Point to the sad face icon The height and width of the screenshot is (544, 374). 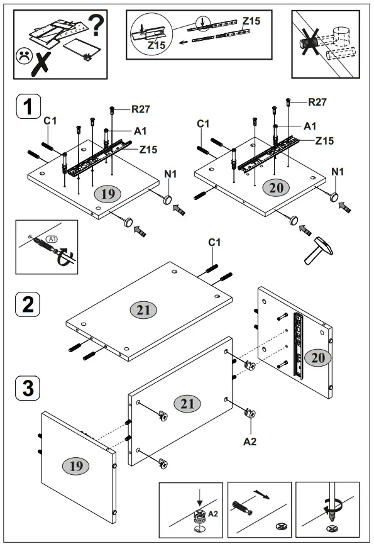coord(23,55)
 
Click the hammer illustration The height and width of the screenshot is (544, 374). coord(317,250)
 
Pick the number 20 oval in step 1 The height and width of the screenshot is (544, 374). coord(278,186)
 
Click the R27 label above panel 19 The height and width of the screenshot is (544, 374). coord(141,109)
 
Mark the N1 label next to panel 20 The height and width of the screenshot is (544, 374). coord(338,171)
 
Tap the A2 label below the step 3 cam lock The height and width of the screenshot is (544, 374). coord(250,441)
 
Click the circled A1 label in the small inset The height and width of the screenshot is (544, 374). coord(52,239)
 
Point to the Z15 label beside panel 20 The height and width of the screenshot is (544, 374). coord(324,140)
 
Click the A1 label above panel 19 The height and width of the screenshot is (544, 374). coord(140,131)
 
